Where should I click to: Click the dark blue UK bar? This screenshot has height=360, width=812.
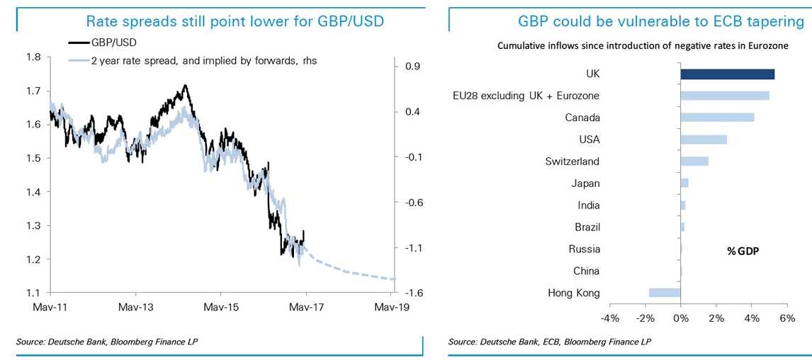click(x=727, y=74)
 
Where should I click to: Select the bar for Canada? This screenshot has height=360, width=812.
click(x=717, y=118)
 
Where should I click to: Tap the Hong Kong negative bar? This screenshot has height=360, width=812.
click(x=665, y=293)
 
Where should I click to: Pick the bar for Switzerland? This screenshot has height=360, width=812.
click(x=694, y=161)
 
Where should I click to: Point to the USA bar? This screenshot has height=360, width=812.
click(x=704, y=140)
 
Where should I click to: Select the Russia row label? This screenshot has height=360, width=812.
click(x=584, y=249)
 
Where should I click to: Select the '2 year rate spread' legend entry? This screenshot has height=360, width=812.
click(x=203, y=61)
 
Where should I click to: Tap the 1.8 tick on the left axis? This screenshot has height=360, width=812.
click(x=33, y=57)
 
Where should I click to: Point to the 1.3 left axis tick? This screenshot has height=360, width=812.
click(x=33, y=225)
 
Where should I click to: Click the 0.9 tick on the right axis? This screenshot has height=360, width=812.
click(x=412, y=67)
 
